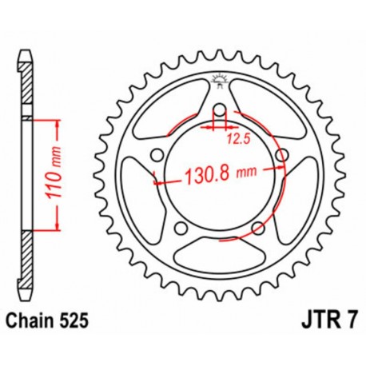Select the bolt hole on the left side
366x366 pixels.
(x=157, y=154)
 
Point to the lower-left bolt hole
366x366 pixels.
(x=181, y=228)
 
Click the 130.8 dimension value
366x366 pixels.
(x=210, y=172)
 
